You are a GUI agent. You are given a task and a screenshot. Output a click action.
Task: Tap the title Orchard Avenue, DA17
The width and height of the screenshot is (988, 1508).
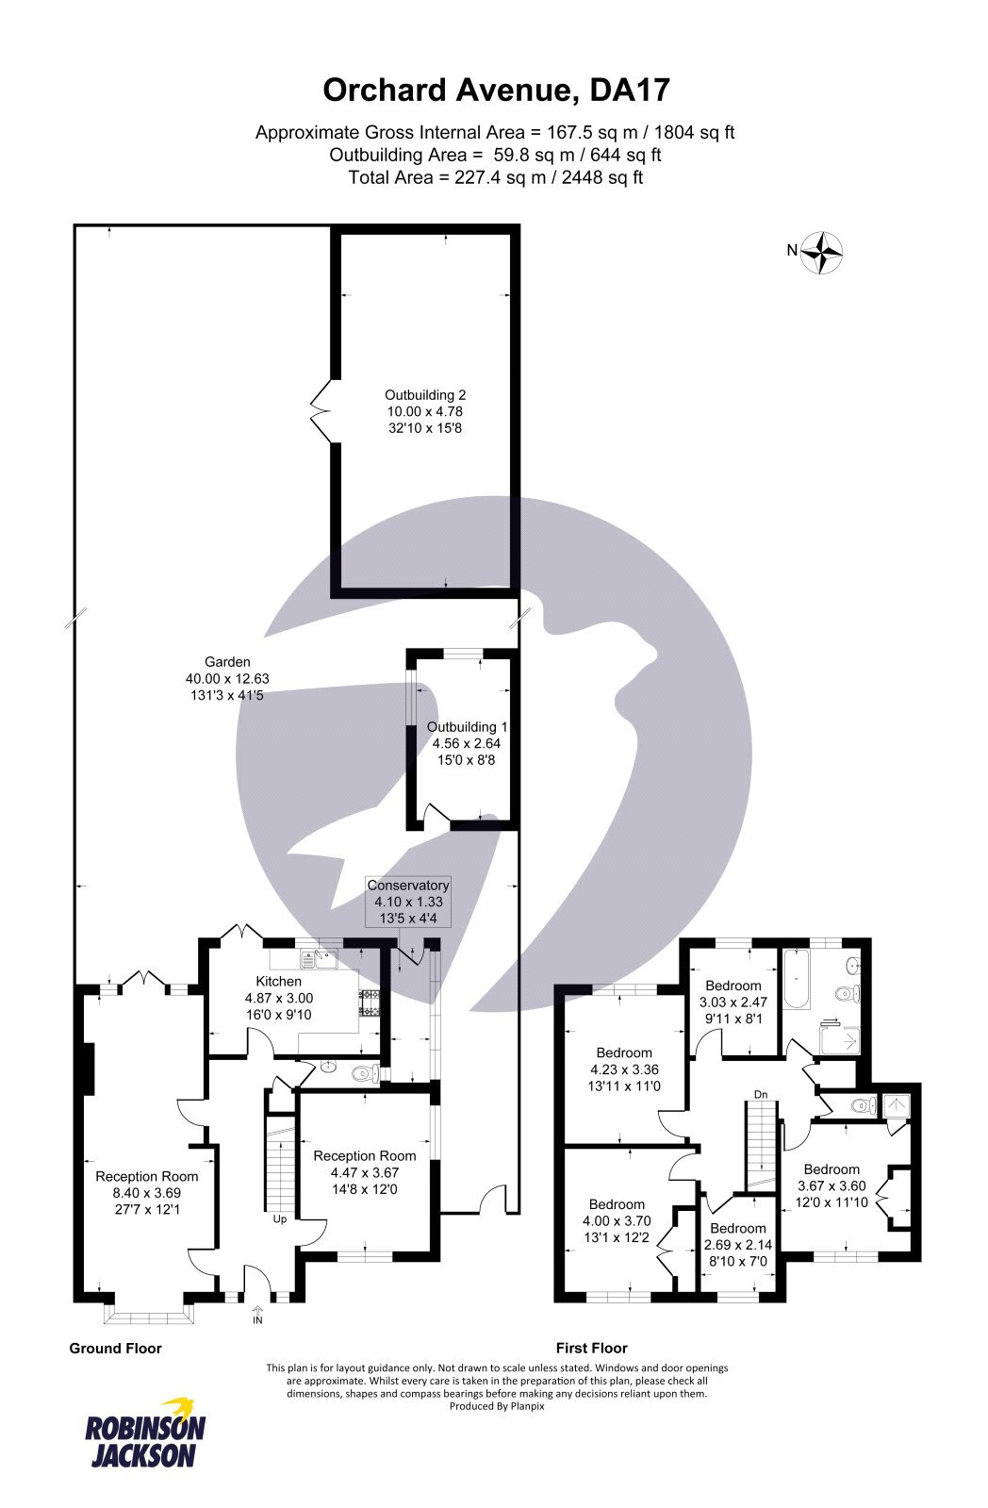tap(496, 91)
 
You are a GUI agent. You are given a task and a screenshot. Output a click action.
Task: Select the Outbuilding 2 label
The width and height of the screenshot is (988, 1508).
tap(424, 396)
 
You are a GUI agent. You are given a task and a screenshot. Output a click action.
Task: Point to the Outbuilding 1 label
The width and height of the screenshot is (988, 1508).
tap(467, 727)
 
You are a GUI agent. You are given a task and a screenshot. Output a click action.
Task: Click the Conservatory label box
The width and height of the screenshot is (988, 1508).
tap(407, 901)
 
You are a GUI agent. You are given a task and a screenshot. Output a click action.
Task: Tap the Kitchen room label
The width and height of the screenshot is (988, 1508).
tap(278, 982)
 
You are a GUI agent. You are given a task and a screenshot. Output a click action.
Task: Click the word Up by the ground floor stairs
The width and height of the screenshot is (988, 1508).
tap(279, 1218)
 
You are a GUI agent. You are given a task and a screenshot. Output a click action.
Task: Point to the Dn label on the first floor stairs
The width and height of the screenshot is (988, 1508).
tap(760, 1094)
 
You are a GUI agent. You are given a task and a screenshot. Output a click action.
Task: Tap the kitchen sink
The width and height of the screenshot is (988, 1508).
tap(320, 960)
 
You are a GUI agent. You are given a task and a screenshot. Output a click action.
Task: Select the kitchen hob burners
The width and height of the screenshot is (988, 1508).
tap(369, 1004)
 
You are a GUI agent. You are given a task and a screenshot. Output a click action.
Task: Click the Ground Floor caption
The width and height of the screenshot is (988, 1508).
tap(115, 1349)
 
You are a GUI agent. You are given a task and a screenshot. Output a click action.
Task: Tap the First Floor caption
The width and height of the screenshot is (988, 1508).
tap(591, 1349)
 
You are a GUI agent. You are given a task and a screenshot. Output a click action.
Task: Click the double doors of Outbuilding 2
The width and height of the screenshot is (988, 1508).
tap(323, 410)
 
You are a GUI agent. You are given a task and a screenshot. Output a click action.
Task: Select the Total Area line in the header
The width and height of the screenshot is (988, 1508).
tap(495, 177)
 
